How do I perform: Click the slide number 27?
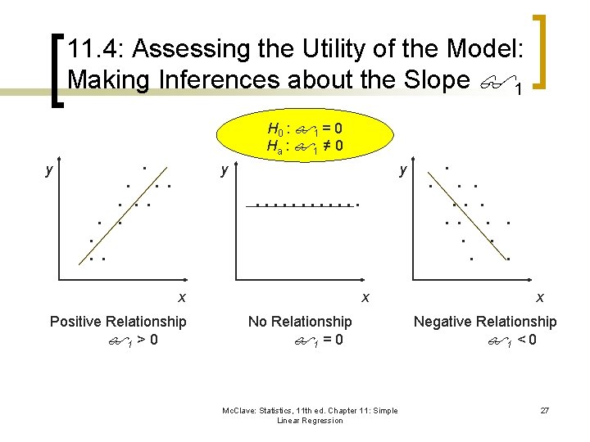[544, 410]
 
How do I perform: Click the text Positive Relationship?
[118, 322]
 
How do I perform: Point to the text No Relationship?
[300, 322]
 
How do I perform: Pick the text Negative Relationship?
[484, 322]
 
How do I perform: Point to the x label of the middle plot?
[365, 296]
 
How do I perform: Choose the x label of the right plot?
[538, 296]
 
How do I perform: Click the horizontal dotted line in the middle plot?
[303, 205]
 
